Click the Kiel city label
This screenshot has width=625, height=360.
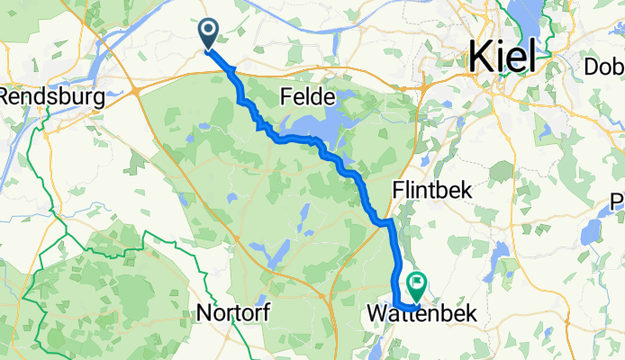[501, 58]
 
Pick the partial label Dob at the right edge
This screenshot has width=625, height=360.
[604, 67]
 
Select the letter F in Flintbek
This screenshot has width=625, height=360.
[399, 191]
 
